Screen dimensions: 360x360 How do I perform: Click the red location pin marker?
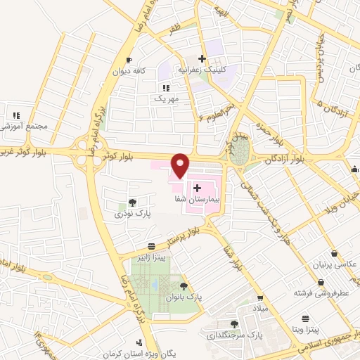181,165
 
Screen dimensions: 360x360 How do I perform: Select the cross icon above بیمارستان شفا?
198,188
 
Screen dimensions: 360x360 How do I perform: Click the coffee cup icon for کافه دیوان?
128,60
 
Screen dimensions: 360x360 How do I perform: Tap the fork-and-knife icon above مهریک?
166,87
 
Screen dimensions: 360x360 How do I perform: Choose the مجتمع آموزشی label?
23,125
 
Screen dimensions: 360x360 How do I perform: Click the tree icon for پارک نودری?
133,202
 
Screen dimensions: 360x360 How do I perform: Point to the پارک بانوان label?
184,297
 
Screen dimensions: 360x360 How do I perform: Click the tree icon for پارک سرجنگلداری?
234,324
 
